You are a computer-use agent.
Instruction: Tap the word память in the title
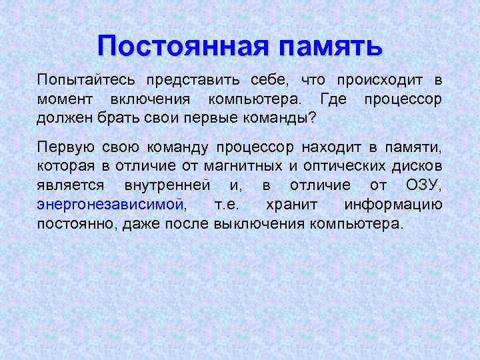coord(331,46)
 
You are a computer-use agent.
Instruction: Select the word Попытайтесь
coord(86,80)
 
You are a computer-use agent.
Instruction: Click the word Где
coord(333,100)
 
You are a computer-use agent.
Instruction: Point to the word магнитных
coord(249,166)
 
